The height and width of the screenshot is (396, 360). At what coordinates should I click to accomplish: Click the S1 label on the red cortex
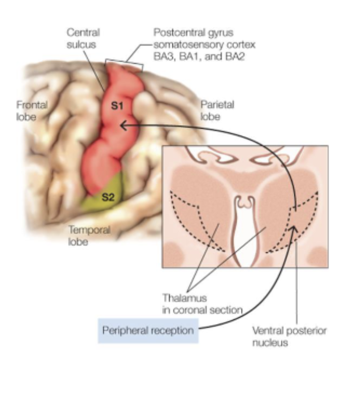[x=117, y=106]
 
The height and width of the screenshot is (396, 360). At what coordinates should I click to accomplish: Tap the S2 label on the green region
[x=108, y=197]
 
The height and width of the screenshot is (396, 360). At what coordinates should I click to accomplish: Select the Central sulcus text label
[x=83, y=39]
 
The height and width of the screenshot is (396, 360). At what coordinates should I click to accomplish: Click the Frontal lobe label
[x=32, y=110]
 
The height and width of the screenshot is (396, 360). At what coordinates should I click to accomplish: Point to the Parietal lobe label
[x=217, y=110]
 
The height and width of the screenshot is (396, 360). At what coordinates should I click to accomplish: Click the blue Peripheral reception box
[x=148, y=330]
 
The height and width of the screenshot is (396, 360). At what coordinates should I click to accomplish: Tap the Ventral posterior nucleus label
[x=289, y=336]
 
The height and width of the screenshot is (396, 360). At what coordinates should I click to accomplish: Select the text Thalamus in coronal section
[x=202, y=304]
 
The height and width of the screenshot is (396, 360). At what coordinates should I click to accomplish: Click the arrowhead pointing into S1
[x=123, y=125]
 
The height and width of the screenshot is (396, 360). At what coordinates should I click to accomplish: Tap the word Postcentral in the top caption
[x=177, y=33]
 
